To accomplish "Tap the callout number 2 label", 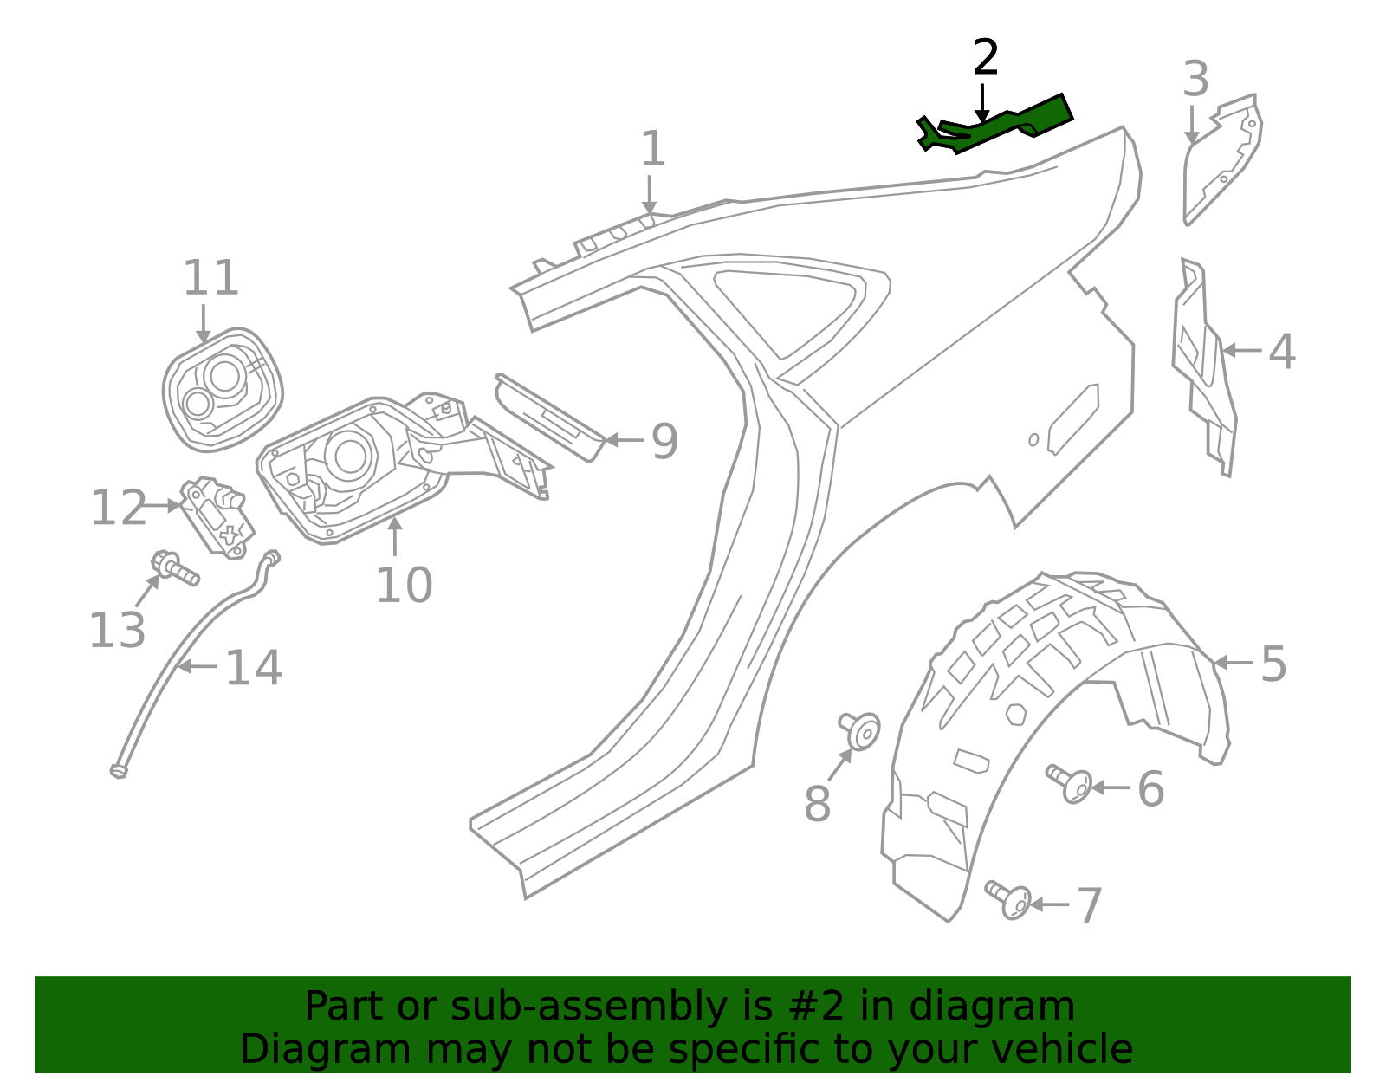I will [986, 58].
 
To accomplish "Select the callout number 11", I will [210, 279].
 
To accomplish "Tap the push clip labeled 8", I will [860, 730].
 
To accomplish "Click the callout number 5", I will [1273, 664].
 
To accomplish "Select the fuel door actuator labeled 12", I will [217, 519].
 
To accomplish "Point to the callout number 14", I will [253, 668].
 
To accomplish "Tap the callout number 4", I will [1282, 352].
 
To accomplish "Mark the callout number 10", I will [404, 586].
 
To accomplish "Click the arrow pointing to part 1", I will [650, 194].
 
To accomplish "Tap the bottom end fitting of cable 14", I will [119, 770].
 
